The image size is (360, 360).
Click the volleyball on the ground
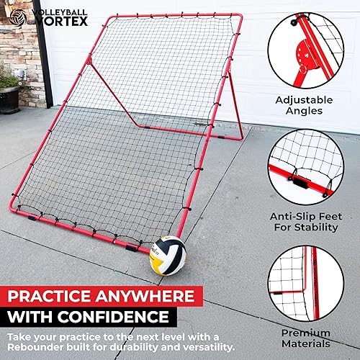[168, 255]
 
